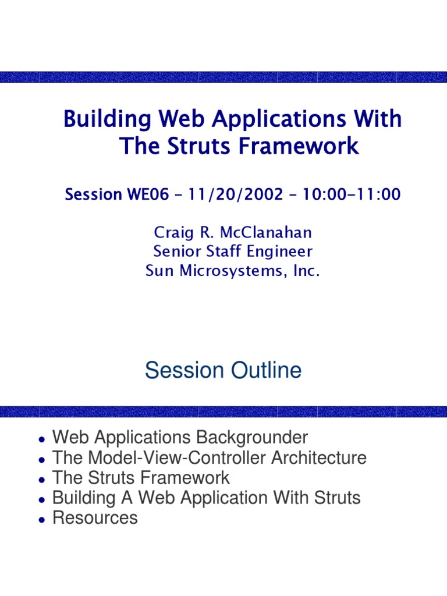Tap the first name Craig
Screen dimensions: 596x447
tap(172, 233)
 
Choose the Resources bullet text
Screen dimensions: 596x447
tap(95, 518)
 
